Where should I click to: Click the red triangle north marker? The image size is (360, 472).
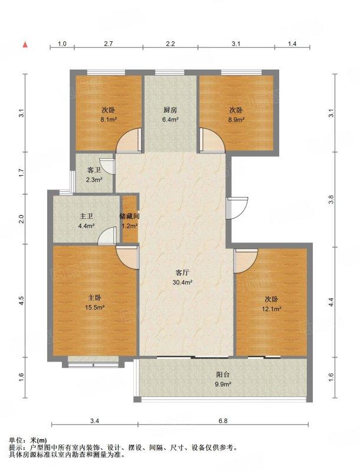[25, 45]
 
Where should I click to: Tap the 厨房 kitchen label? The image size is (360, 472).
[171, 110]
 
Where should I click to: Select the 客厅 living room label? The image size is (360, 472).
[182, 273]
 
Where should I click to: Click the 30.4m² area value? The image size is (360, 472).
[182, 283]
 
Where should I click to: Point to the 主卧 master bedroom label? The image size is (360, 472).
[94, 298]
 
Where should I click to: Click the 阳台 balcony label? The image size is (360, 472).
[223, 375]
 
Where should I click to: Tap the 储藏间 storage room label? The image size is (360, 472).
[129, 216]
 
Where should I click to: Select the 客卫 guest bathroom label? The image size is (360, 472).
[94, 171]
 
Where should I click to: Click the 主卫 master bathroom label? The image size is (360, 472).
[86, 216]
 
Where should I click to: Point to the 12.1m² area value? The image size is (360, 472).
[271, 309]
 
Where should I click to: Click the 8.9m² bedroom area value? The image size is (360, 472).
[236, 120]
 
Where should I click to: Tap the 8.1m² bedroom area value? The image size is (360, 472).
[109, 120]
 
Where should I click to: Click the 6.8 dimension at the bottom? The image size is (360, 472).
[223, 421]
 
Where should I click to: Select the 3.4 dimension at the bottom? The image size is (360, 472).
[94, 421]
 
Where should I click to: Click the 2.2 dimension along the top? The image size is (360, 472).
[171, 44]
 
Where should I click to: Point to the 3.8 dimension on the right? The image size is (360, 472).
[331, 199]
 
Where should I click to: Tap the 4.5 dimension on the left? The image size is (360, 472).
[21, 300]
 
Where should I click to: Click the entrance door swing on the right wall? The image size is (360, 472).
[237, 208]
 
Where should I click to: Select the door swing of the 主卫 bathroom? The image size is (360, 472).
[107, 235]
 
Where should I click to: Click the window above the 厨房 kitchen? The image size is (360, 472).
[170, 72]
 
